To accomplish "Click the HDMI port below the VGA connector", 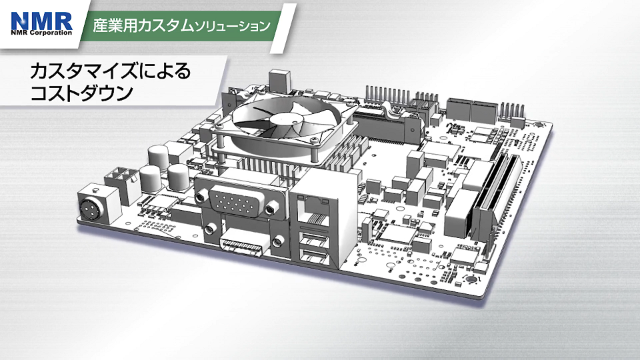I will pyautogui.click(x=240, y=248).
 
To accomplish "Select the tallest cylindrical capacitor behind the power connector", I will pyautogui.click(x=158, y=159).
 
